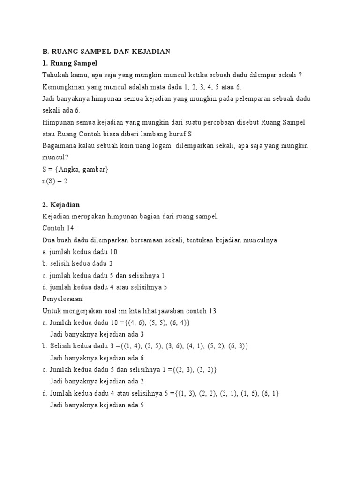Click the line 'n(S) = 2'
coord(55,181)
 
